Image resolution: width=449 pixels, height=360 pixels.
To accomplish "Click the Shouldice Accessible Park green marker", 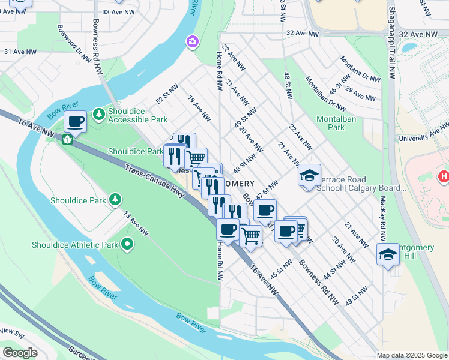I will click(x=99, y=114).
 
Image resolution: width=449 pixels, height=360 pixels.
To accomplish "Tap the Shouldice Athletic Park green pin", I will click(x=127, y=244).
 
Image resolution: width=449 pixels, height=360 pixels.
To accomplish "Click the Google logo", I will click(x=20, y=353).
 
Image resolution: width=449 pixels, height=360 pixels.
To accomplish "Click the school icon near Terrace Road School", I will click(x=309, y=175).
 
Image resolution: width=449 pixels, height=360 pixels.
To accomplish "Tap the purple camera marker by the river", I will click(x=193, y=41).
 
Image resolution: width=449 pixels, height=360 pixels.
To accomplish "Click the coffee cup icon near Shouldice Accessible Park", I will click(x=76, y=122).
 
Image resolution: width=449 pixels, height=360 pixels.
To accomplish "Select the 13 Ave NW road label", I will click(x=136, y=223).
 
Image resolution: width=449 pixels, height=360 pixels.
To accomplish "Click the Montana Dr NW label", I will click(x=360, y=70).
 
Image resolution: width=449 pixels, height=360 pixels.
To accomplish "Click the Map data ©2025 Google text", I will click(x=412, y=355).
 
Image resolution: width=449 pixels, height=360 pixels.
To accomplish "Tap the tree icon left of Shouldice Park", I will click(x=115, y=199).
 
